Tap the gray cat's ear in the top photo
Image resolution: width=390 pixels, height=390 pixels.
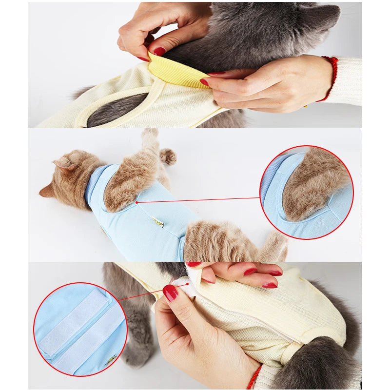(x=327, y=18)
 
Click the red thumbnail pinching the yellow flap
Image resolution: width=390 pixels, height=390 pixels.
(x=159, y=51)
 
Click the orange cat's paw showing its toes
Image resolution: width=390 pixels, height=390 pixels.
(x=168, y=156)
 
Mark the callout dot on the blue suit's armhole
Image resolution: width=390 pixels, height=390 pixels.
(x=137, y=202)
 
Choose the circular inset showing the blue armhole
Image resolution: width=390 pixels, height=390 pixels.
(x=306, y=192)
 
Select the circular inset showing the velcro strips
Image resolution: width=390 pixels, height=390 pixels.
(x=80, y=329)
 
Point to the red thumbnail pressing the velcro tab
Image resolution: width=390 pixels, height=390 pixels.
(x=170, y=292)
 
